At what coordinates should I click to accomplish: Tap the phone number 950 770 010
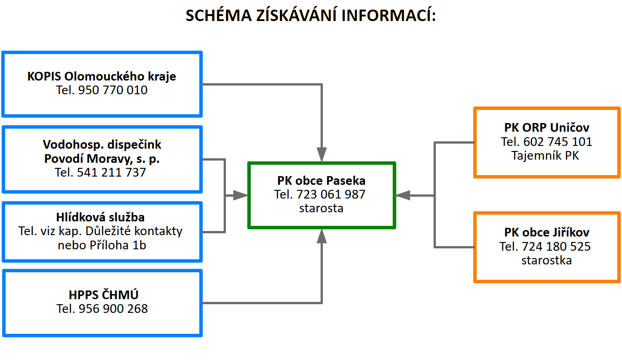[x=113, y=91]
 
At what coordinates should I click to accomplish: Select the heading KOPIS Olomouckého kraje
[x=102, y=76]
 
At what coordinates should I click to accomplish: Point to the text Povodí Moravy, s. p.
[x=102, y=159]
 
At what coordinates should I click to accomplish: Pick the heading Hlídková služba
[x=102, y=217]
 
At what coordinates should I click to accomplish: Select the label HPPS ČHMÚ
[x=102, y=295]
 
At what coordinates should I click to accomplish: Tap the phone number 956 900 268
[x=113, y=309]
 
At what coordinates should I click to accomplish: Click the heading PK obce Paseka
[x=322, y=181]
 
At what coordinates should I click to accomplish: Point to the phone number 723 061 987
[x=331, y=194]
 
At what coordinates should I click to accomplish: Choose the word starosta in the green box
[x=322, y=209]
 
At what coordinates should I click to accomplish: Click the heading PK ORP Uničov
[x=547, y=128]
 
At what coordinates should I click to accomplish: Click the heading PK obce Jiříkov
[x=547, y=232]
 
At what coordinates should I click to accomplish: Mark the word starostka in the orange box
[x=547, y=261]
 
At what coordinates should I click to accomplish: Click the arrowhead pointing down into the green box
[x=322, y=155]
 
